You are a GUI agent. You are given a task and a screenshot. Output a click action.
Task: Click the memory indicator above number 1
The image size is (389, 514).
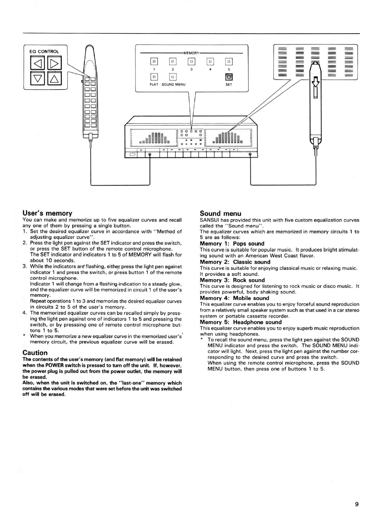(x=154, y=61)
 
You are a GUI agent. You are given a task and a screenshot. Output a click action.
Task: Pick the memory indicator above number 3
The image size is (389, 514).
(x=191, y=61)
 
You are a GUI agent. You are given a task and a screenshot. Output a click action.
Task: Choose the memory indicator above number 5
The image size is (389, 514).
(x=229, y=61)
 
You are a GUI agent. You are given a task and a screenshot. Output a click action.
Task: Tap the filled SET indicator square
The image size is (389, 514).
(x=229, y=77)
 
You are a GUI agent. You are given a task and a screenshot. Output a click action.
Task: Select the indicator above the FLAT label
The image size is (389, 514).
(x=154, y=77)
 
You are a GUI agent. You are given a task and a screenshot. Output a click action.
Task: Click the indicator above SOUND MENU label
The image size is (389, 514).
(x=173, y=77)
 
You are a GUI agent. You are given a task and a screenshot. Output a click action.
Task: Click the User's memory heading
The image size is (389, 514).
(x=47, y=213)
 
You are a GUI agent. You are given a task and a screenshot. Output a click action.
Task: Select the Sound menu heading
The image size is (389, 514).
(x=220, y=213)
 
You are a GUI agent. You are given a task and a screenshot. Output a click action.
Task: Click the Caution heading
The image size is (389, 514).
(x=35, y=353)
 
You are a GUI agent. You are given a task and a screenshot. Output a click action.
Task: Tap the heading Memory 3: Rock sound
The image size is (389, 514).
(x=232, y=280)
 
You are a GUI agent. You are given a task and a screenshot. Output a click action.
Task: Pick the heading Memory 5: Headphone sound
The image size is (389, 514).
(x=241, y=322)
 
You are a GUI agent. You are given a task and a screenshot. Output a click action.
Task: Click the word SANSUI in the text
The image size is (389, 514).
(x=209, y=220)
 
